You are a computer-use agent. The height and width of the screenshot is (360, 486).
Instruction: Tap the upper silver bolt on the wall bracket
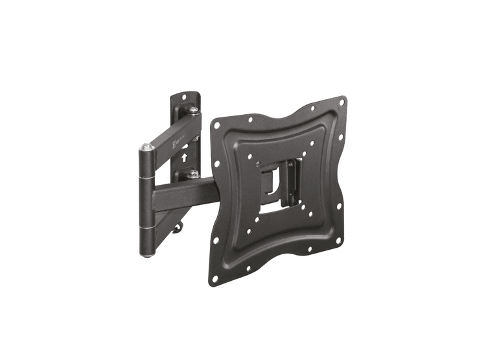click(193, 112)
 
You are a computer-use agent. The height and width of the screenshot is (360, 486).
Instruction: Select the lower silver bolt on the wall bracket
click(192, 174)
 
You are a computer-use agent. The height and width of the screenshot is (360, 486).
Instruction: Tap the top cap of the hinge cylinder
click(146, 149)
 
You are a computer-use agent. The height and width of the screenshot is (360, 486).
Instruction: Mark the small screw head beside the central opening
click(257, 163)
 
